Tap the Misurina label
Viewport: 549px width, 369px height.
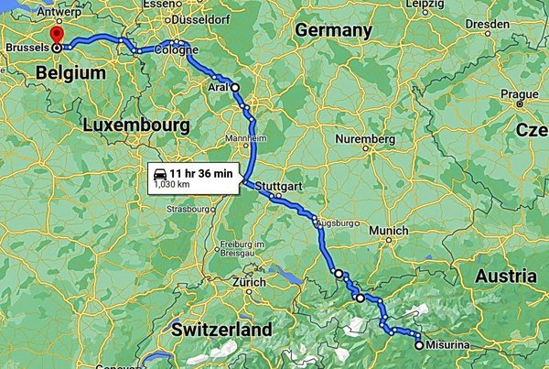point(445,345)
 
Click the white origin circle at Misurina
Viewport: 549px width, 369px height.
point(419,345)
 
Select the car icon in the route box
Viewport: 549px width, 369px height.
point(159,172)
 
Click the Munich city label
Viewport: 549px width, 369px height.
point(389,231)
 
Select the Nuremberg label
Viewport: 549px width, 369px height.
point(365,139)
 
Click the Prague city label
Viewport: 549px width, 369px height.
point(519,93)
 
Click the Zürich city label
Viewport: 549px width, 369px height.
point(248,282)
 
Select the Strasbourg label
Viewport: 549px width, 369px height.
point(189,209)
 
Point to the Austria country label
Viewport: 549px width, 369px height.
point(505,276)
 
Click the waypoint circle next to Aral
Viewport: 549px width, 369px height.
point(235,87)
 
